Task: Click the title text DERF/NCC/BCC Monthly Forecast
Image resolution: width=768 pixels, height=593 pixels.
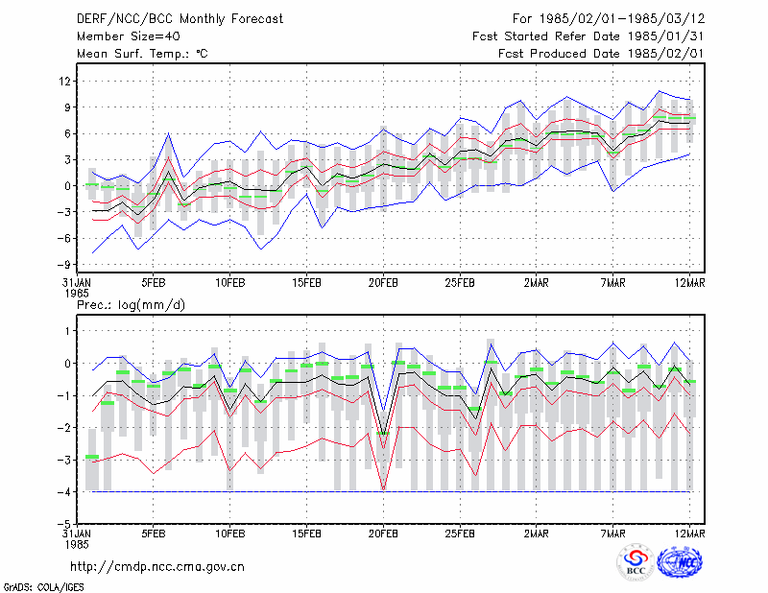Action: pos(180,19)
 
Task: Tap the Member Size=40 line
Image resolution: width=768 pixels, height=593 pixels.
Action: pos(129,36)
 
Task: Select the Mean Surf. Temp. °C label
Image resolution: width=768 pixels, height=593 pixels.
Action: pos(142,54)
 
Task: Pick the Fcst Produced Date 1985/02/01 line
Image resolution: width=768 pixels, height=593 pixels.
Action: pos(601,54)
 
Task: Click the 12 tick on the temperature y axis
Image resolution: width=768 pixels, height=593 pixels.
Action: pos(64,81)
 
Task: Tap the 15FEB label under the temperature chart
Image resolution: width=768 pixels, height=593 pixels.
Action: pos(306,283)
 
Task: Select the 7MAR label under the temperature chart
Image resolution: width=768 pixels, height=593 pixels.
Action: pos(612,283)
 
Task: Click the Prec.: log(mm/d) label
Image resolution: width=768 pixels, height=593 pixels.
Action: pos(131,305)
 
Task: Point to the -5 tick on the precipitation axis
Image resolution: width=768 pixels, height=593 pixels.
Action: pos(63,524)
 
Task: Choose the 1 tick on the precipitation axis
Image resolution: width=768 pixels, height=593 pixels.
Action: pos(68,331)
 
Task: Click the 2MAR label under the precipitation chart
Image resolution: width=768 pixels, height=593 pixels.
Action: pos(537,534)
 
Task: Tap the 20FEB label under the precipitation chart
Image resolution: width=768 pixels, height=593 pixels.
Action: pos(383,534)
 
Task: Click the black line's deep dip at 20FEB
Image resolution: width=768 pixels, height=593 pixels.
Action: pos(383,434)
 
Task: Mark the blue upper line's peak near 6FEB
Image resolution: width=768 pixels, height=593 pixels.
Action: pos(168,133)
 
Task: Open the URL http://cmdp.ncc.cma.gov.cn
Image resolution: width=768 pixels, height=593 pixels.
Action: pos(157,566)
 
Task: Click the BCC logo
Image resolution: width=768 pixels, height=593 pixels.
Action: pos(636,562)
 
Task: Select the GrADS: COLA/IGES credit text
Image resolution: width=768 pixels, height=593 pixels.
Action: pos(43,587)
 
